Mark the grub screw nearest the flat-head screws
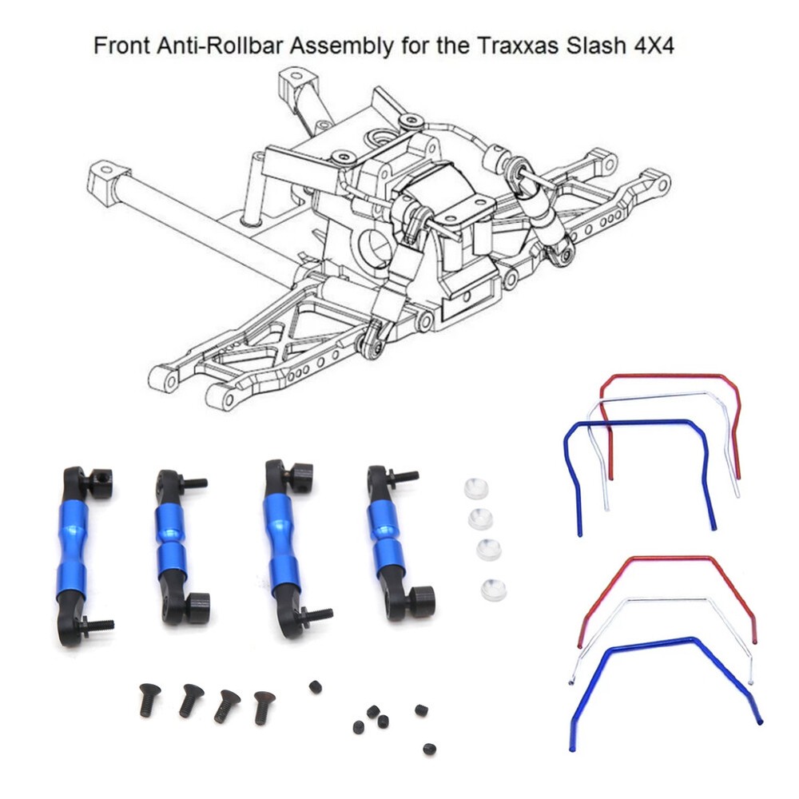click(x=315, y=686)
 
